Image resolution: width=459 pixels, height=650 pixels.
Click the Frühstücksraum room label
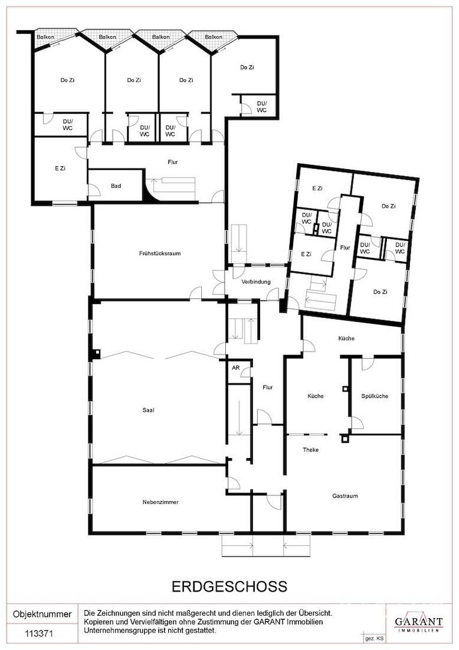click(160, 253)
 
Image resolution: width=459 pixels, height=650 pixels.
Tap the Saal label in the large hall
click(148, 410)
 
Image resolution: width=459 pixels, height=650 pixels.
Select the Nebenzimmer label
click(160, 502)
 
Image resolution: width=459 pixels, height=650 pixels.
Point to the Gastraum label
click(345, 496)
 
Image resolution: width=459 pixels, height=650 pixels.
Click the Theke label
click(311, 450)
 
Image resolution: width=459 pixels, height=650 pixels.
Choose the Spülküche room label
click(374, 396)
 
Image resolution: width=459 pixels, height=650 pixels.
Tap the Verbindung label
click(256, 282)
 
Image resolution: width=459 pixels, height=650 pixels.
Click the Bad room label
click(116, 186)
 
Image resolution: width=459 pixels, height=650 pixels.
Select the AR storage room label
click(236, 367)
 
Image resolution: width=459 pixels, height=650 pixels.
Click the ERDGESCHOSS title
click(229, 587)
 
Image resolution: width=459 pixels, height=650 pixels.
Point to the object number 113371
click(39, 634)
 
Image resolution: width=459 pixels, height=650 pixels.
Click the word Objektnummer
click(42, 614)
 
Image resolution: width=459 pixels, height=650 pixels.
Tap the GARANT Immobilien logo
click(418, 622)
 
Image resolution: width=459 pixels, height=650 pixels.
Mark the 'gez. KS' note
click(372, 639)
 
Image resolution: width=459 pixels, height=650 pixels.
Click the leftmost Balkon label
click(45, 37)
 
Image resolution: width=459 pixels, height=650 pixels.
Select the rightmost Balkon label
click(213, 37)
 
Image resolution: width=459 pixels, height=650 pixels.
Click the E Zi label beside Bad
click(60, 169)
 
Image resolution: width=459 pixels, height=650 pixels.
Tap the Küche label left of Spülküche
click(315, 396)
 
